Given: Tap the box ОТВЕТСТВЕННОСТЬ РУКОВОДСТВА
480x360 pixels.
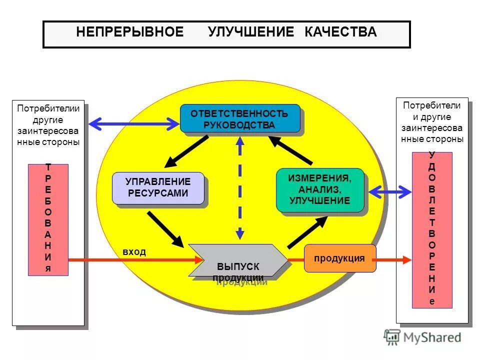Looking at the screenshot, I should click(239, 118).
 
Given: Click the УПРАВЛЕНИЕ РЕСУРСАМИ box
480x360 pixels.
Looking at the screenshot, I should click(158, 187).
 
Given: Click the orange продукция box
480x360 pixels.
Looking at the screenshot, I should click(339, 258).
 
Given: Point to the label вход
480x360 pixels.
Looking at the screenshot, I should click(134, 252).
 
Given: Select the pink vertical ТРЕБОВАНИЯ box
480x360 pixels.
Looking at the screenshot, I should click(48, 219).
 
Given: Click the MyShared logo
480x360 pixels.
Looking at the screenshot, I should click(423, 337).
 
